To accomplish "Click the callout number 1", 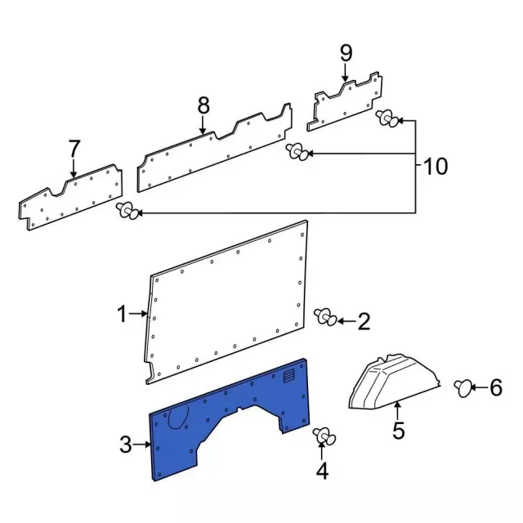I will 122,314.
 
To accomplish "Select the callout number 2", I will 364,321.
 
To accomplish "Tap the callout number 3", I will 125,445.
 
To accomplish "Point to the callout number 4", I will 322,471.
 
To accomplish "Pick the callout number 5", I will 398,430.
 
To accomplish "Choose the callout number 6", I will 496,388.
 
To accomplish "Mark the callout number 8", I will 203,105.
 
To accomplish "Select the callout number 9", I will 346,54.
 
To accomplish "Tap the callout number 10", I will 436,167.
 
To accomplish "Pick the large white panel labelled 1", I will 229,302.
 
